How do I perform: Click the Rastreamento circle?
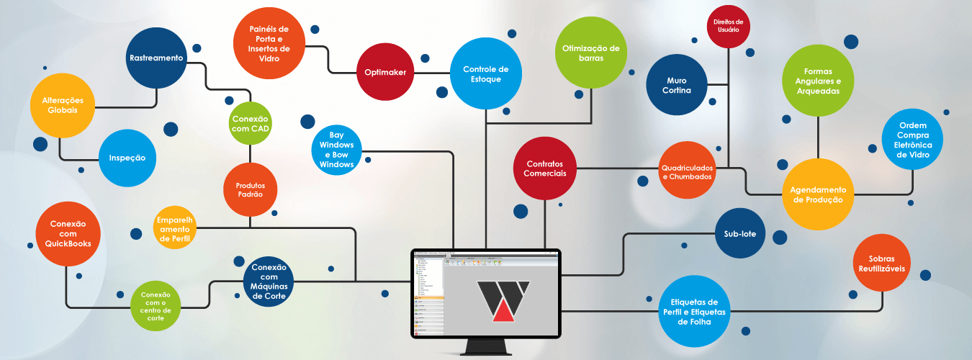(x=156, y=58)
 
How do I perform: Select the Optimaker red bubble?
(x=385, y=73)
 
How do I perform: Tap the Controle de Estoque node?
(x=480, y=74)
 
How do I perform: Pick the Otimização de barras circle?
(x=590, y=53)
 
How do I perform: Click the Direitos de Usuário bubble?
(x=728, y=27)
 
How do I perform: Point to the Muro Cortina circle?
(x=678, y=85)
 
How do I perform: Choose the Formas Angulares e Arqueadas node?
(x=818, y=81)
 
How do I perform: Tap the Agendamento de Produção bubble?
(x=818, y=194)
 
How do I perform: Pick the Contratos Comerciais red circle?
(x=545, y=168)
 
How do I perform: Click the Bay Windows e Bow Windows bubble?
(x=336, y=150)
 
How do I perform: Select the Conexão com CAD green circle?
(x=250, y=123)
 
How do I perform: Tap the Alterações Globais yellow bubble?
(x=63, y=105)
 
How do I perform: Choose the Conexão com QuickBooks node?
(x=68, y=233)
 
